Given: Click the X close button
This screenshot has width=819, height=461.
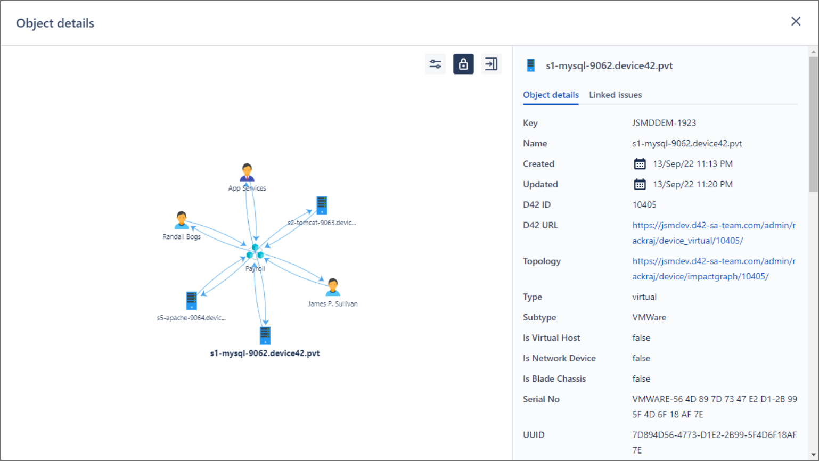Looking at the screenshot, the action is tap(796, 21).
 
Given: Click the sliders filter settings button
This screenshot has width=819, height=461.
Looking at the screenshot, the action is tap(435, 64).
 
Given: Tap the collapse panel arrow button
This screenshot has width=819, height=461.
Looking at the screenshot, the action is tap(491, 64).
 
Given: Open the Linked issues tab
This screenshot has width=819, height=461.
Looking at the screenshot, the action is tap(616, 95).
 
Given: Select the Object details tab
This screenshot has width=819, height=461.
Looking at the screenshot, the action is tap(551, 95).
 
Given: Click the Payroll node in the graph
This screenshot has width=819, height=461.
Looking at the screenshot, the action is tap(255, 252).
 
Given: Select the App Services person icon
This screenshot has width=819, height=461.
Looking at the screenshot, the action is tap(247, 172).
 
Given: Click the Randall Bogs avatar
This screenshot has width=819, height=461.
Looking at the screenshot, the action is tap(182, 220).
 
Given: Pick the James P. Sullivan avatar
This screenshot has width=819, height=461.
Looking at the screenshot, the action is tap(333, 287).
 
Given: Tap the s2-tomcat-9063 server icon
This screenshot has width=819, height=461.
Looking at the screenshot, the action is tap(322, 205).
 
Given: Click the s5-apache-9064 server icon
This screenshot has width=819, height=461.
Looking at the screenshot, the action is tap(191, 301).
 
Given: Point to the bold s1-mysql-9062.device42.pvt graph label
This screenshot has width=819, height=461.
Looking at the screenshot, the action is tap(265, 353).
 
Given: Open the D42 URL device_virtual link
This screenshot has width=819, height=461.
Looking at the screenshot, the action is tap(714, 233).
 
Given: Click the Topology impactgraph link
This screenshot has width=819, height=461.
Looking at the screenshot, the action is tap(714, 269).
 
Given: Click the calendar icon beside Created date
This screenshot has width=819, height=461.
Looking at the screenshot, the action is tap(640, 164).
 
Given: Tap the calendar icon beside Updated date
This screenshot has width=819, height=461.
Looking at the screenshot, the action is tap(640, 184).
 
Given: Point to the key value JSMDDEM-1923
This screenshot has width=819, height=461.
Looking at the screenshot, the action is tap(664, 123).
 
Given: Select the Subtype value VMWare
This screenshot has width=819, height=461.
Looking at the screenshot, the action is tap(649, 317).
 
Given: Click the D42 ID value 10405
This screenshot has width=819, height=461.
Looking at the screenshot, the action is tap(644, 205).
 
